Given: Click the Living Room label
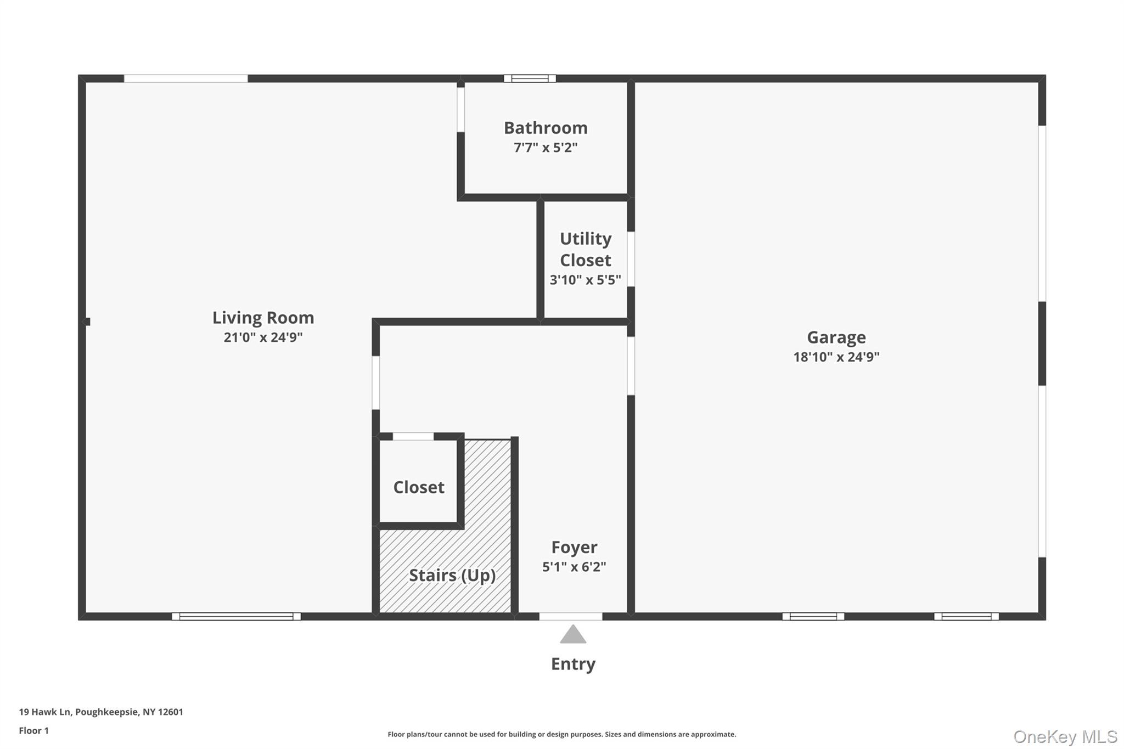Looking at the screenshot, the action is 263,318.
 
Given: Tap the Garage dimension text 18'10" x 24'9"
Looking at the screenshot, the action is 836,357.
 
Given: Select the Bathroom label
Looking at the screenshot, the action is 546,128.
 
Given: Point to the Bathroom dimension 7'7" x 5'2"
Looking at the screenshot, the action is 546,148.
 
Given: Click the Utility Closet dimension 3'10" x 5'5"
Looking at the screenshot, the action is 585,280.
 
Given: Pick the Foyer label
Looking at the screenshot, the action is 574,547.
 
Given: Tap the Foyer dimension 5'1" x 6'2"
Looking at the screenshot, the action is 574,567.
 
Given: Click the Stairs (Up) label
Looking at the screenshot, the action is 452,576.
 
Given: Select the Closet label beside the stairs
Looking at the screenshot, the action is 419,487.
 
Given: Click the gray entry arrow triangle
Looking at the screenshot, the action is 573,634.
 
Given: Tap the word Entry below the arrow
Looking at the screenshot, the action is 573,664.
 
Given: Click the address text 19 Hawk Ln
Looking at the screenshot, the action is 45,712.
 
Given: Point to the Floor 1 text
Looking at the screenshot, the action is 33,730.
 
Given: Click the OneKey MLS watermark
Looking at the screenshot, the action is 1065,736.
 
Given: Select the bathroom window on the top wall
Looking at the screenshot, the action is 530,78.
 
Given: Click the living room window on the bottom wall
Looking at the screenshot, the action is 236,616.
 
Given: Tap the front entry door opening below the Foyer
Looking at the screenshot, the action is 571,616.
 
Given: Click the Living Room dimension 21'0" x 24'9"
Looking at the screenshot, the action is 263,337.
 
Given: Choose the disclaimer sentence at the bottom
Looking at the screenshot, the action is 562,734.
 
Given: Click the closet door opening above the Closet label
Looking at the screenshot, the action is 413,436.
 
